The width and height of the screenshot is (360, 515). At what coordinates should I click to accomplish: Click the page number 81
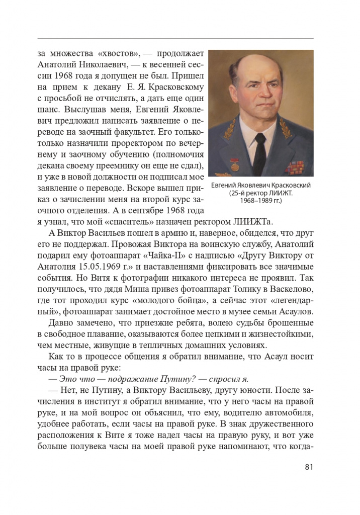309,467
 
